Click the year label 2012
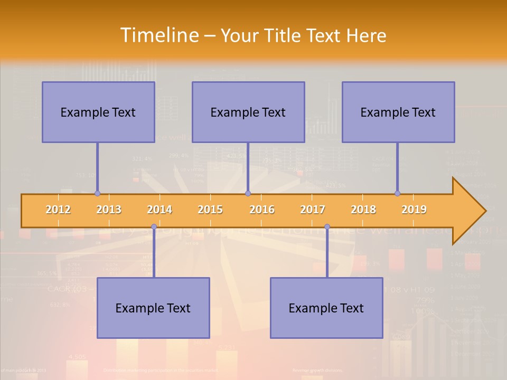[x=58, y=210]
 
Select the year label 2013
[x=109, y=210]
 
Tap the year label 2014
[x=159, y=210]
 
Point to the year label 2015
[x=210, y=210]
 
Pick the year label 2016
[x=262, y=210]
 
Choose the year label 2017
[x=313, y=210]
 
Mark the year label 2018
[x=363, y=210]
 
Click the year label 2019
[x=414, y=210]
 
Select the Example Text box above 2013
[x=98, y=112]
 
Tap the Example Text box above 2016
[x=248, y=112]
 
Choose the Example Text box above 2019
[x=398, y=112]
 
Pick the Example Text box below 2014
[x=153, y=308]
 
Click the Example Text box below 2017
[x=326, y=308]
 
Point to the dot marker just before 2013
[x=97, y=194]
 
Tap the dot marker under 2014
[x=154, y=227]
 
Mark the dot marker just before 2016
[x=248, y=194]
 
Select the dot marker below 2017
[x=327, y=227]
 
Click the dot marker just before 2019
[x=398, y=194]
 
